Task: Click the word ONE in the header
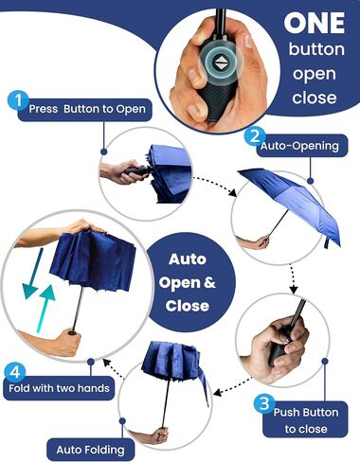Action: click(x=315, y=23)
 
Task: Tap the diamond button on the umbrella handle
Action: click(x=221, y=62)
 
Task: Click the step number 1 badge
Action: click(x=18, y=100)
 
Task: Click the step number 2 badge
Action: click(x=255, y=136)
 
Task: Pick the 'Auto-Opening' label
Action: click(x=299, y=146)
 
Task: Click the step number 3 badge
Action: click(x=263, y=403)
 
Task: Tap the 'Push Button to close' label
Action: click(x=305, y=420)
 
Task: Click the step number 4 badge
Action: click(x=15, y=372)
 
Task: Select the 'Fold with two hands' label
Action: click(x=59, y=388)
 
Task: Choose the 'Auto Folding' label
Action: click(x=90, y=450)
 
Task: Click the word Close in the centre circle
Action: click(x=187, y=306)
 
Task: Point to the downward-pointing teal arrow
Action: click(x=32, y=274)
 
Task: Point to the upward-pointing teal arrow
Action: click(x=45, y=309)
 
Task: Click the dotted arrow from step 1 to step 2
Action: click(x=215, y=185)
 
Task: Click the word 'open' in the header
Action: click(x=314, y=75)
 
